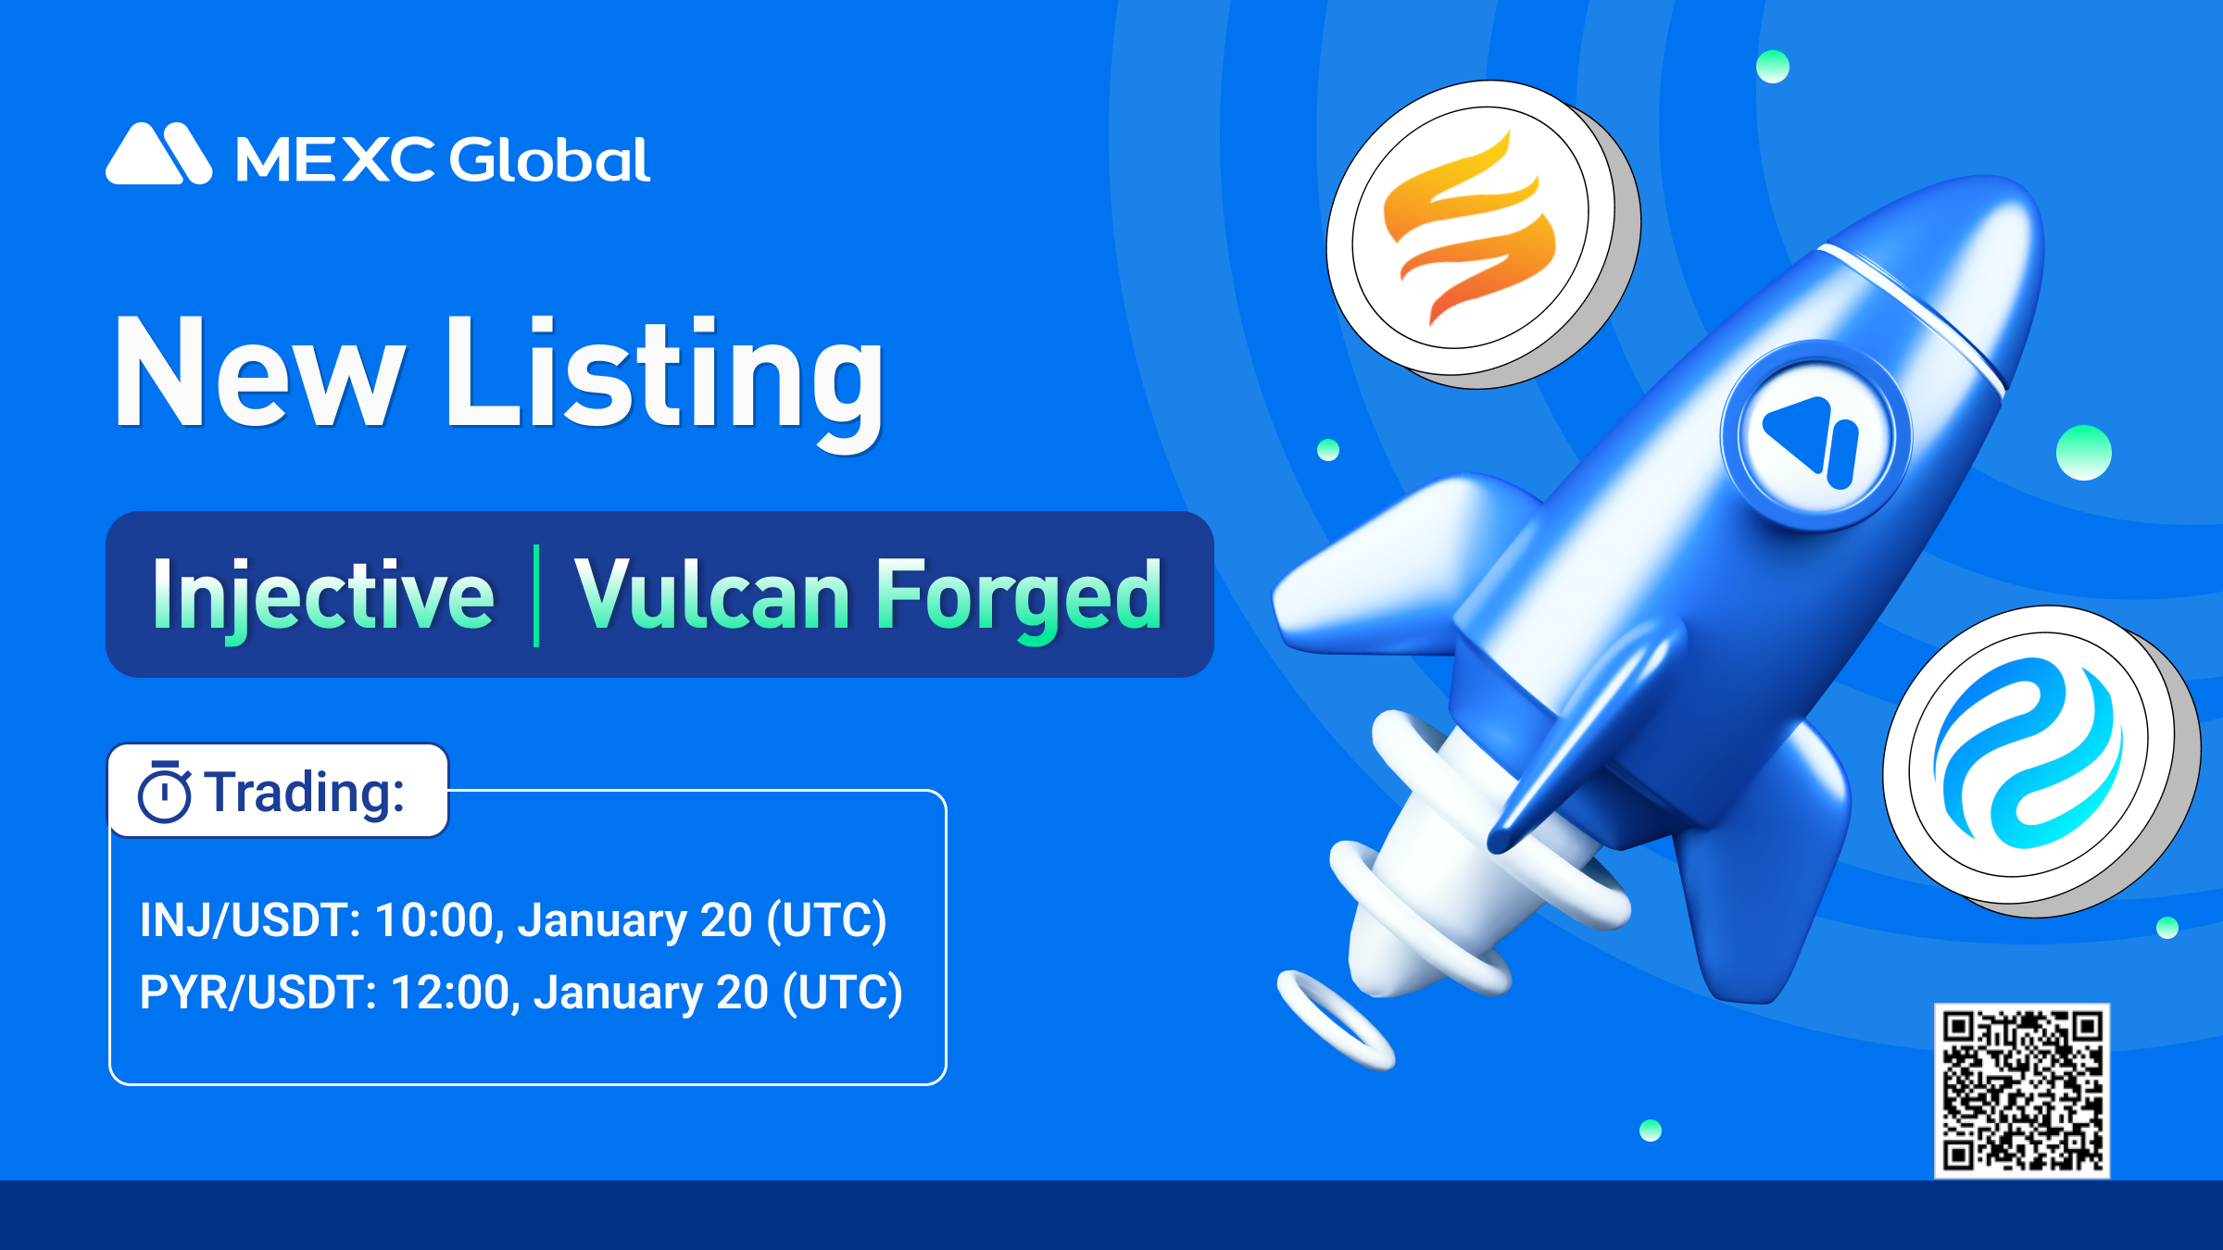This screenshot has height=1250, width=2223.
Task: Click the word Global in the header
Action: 550,159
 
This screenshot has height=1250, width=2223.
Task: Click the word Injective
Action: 323,595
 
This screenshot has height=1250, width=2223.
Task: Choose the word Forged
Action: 1019,597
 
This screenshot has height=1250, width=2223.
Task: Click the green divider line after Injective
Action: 536,595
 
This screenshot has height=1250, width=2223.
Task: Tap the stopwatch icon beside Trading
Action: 165,792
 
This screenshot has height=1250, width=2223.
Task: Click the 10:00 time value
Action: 433,920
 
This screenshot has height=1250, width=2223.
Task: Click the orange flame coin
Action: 1482,233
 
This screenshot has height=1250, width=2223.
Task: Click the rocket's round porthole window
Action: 1816,436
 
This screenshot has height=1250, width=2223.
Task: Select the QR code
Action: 2022,1091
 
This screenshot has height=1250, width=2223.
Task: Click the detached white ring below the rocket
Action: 1336,1019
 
